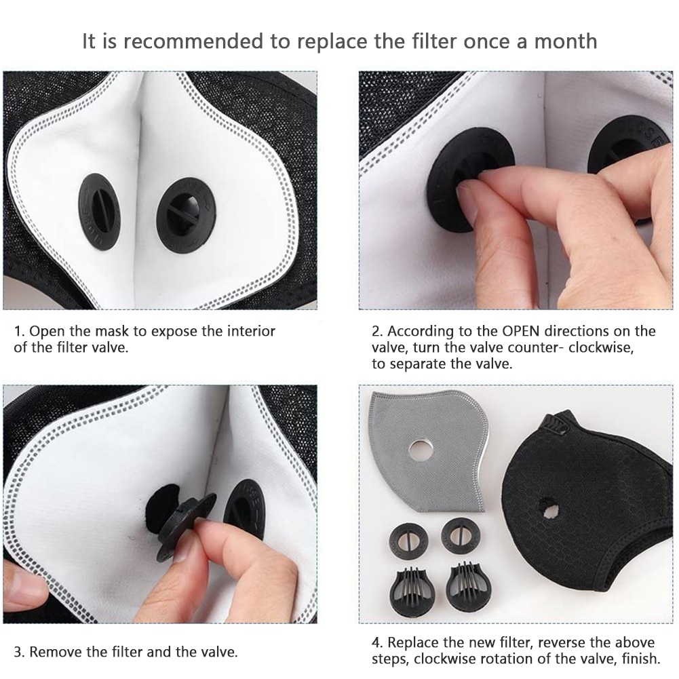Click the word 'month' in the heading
tap(566, 41)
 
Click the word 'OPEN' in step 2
tap(520, 331)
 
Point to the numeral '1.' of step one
tap(20, 331)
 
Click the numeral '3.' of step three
tap(20, 652)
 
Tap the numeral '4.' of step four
tap(377, 642)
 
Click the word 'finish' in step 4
tap(641, 659)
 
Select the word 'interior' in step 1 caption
tap(251, 331)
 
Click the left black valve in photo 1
tap(99, 212)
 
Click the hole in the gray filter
tap(421, 450)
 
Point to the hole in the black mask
tap(549, 508)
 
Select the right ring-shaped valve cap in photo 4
tap(461, 536)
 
